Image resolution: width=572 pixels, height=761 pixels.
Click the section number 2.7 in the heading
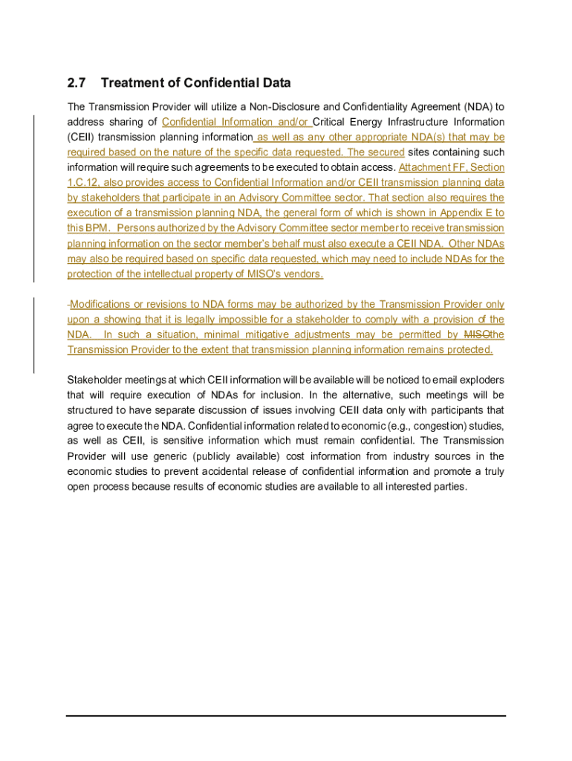point(77,82)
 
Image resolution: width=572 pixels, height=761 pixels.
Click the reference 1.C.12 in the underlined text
point(83,183)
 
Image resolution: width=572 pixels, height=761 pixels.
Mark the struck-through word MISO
point(475,335)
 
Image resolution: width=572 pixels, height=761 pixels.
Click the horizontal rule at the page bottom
point(286,716)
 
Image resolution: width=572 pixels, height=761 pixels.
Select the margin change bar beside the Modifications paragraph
point(33,334)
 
